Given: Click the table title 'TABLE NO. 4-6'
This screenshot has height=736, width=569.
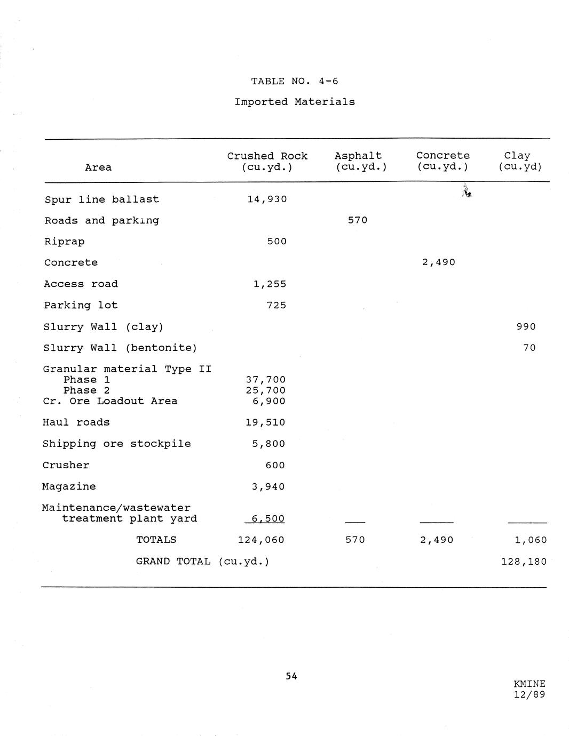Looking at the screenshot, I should [295, 81].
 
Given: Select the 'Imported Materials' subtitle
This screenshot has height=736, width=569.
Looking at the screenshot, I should [295, 102].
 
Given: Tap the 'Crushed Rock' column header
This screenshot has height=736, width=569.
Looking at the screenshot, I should [267, 156].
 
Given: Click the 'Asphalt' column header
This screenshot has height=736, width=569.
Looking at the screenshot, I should [358, 156].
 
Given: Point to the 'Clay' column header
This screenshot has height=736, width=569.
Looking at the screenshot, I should [517, 156].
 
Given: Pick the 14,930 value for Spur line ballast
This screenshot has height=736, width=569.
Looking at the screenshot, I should [267, 199].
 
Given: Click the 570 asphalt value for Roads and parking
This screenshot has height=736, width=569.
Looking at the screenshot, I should [358, 220].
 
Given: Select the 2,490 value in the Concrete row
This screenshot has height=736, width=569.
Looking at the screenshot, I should [438, 262].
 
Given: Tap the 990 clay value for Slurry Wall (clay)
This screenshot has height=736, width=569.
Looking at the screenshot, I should [526, 326].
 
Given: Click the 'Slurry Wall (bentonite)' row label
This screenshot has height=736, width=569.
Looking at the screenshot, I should [120, 348].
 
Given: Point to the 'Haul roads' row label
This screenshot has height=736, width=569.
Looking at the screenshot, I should [76, 422].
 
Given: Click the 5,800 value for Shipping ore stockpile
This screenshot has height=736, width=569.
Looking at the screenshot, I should [268, 444].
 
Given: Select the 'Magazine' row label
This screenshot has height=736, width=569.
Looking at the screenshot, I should [69, 486].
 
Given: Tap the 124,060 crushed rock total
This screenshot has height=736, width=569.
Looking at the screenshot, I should [261, 540].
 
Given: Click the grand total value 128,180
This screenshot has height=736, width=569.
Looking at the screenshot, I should [524, 562].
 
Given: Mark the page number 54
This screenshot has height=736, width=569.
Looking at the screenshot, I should [291, 676].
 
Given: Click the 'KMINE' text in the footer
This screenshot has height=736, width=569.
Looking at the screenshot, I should [530, 684].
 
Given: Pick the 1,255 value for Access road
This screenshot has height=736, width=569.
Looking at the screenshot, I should [270, 284].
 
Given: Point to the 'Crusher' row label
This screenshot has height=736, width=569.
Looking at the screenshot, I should [66, 465].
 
